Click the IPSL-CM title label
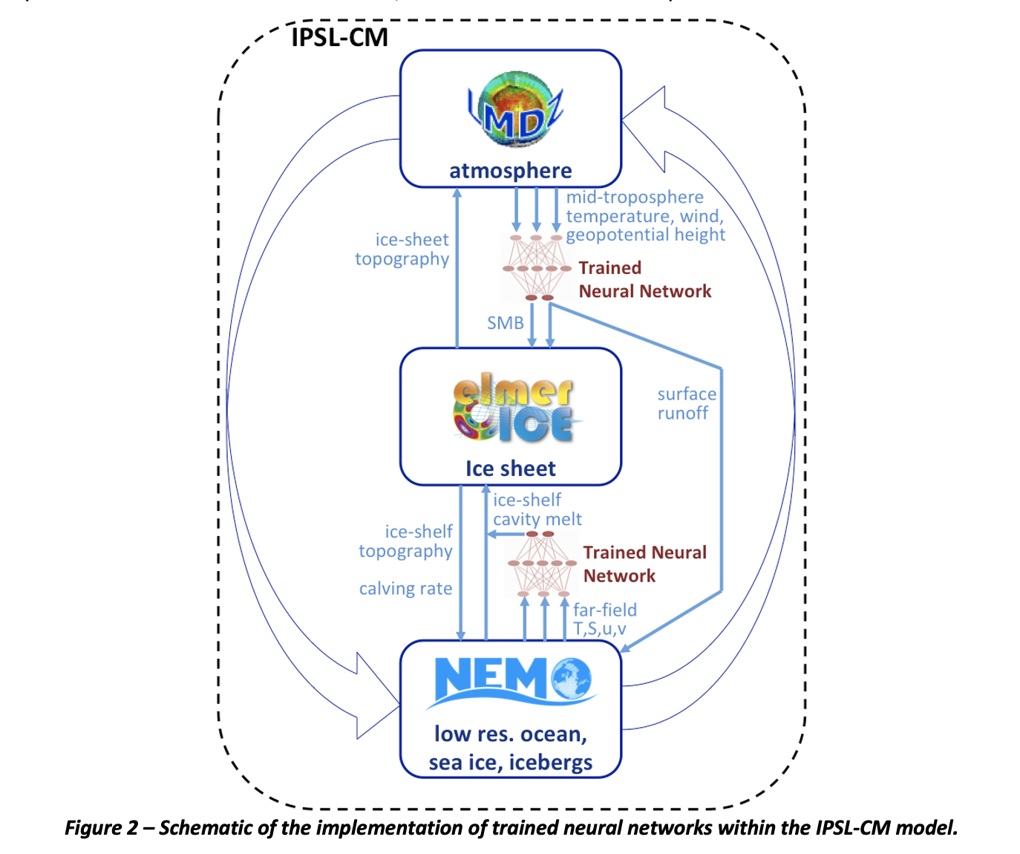click(339, 36)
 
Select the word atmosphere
click(510, 171)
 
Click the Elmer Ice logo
click(513, 411)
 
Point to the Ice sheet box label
click(510, 469)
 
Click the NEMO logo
click(512, 679)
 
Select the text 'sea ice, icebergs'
click(510, 763)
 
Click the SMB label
click(505, 323)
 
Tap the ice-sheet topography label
click(402, 250)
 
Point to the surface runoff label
click(686, 404)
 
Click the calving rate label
click(405, 589)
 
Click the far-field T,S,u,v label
click(604, 619)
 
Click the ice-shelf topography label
click(405, 541)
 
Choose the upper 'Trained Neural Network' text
click(644, 279)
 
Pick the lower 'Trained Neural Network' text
click(644, 564)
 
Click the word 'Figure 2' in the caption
click(100, 828)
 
